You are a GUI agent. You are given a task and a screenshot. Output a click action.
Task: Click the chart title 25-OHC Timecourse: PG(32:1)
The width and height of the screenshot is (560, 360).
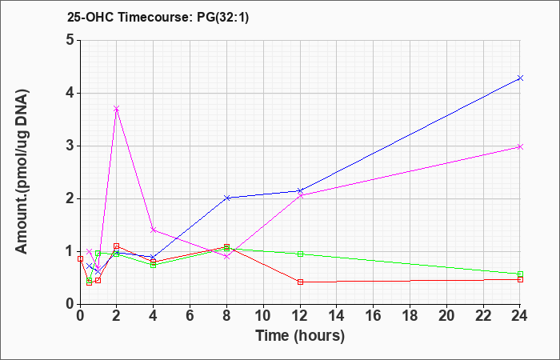tap(158, 17)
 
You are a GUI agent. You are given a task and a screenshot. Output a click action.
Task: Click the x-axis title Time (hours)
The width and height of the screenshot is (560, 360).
tap(300, 336)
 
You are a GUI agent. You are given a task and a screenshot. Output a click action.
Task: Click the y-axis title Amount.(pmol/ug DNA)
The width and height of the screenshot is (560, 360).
tap(22, 172)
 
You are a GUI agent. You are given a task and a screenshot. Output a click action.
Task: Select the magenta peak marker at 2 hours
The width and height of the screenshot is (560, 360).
tap(117, 109)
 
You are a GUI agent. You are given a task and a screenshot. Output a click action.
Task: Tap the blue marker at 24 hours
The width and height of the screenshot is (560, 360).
tap(520, 78)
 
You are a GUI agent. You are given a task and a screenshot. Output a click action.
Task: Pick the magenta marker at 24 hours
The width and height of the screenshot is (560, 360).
tap(520, 146)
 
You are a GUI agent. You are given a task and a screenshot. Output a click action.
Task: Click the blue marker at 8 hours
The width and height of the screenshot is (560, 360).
tap(226, 198)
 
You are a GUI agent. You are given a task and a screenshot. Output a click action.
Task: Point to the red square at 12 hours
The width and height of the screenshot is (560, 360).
tap(300, 282)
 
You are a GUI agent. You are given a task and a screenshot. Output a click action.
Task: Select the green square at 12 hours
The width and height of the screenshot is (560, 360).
tap(300, 254)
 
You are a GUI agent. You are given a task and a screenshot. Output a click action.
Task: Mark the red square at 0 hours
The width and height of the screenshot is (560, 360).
tap(80, 259)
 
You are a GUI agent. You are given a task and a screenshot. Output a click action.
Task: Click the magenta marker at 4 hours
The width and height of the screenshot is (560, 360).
tap(154, 230)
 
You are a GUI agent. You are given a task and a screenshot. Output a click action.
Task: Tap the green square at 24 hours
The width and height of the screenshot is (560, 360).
tap(520, 274)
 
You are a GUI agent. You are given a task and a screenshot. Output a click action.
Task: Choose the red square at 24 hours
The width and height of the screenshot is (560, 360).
tap(520, 280)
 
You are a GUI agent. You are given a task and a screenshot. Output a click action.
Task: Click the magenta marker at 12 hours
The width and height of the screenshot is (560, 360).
tap(300, 196)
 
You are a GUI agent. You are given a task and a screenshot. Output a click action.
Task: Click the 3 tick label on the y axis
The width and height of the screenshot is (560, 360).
tap(70, 146)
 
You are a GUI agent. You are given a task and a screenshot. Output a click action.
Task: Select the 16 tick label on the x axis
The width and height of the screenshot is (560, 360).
tap(374, 316)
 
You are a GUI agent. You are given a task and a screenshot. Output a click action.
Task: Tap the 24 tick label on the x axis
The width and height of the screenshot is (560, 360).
tap(520, 316)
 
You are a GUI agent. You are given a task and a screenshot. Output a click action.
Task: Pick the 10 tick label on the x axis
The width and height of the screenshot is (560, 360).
tap(263, 316)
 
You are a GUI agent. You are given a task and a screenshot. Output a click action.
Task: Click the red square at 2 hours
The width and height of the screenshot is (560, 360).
tap(117, 246)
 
